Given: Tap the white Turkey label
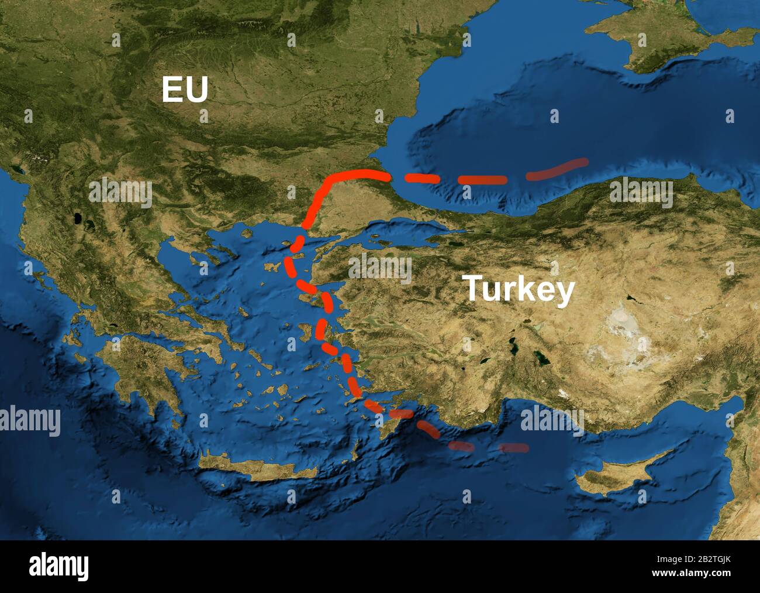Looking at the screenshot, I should (518, 289).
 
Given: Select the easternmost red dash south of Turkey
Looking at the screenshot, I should (514, 448).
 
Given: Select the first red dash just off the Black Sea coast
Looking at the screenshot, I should (422, 178).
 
